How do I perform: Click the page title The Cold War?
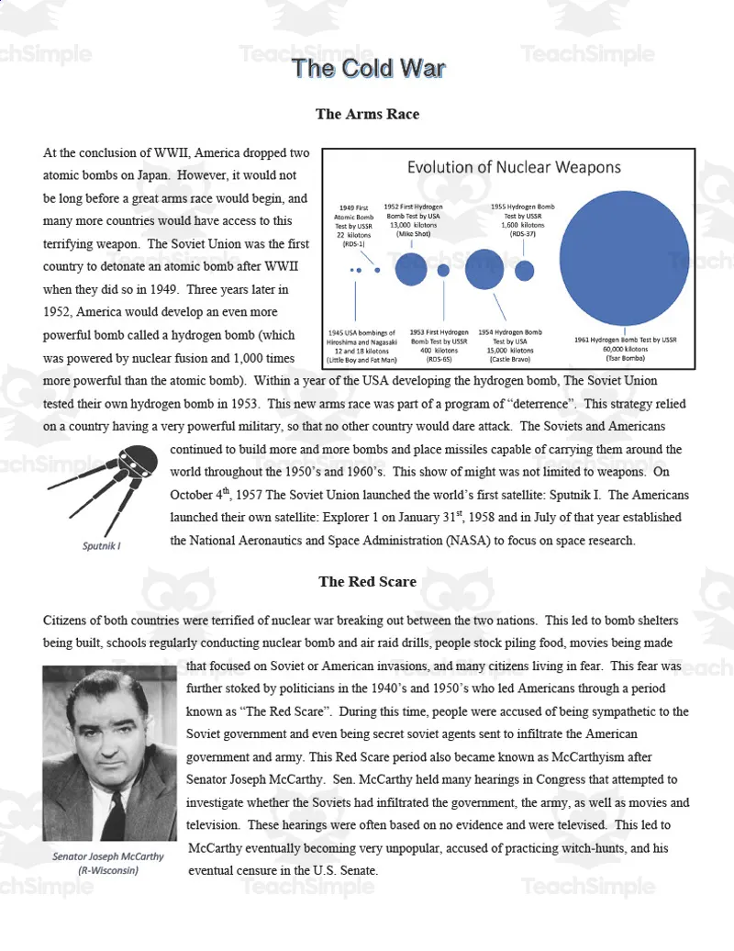368,69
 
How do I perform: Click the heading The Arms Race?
367,114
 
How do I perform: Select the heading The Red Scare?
367,581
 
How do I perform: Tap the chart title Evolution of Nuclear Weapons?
514,167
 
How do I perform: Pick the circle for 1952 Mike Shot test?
410,269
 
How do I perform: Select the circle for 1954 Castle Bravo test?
484,269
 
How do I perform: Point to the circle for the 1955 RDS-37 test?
525,270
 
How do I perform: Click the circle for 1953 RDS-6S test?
443,270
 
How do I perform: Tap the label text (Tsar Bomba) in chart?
625,357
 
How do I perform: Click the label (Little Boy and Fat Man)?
362,359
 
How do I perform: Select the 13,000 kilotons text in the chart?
413,225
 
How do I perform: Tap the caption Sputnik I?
102,545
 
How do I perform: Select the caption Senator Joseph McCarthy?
108,856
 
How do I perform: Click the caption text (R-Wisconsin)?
108,870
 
